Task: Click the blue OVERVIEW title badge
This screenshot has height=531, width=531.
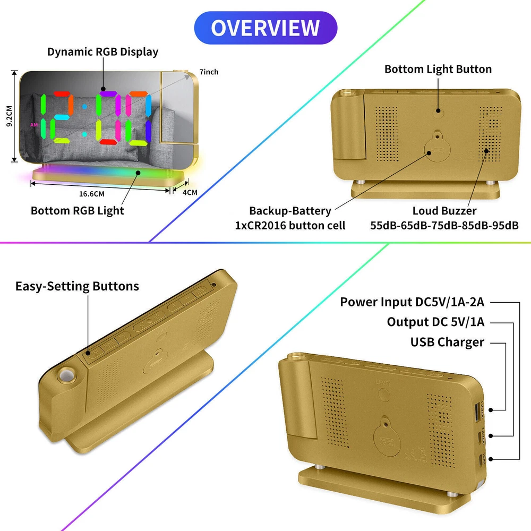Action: [x=265, y=28]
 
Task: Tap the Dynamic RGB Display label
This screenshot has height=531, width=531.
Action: [x=102, y=52]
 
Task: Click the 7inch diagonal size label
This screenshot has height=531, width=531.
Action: [x=209, y=72]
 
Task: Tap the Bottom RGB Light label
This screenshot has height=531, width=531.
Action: [x=77, y=210]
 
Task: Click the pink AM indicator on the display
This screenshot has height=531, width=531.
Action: [x=33, y=125]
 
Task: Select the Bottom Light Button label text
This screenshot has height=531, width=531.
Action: [x=438, y=69]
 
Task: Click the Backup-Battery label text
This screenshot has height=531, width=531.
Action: [x=289, y=211]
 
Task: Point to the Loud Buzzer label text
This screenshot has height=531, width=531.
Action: [x=444, y=211]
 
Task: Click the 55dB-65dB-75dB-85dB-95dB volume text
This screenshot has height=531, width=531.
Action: [x=444, y=225]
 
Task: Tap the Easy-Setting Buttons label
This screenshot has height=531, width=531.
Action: [x=77, y=286]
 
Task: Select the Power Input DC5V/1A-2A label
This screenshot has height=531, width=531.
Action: [x=413, y=302]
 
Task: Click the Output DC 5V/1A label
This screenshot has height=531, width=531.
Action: [x=435, y=322]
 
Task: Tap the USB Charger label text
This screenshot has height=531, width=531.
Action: [x=447, y=342]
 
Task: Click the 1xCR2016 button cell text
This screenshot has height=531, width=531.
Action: [x=290, y=225]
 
